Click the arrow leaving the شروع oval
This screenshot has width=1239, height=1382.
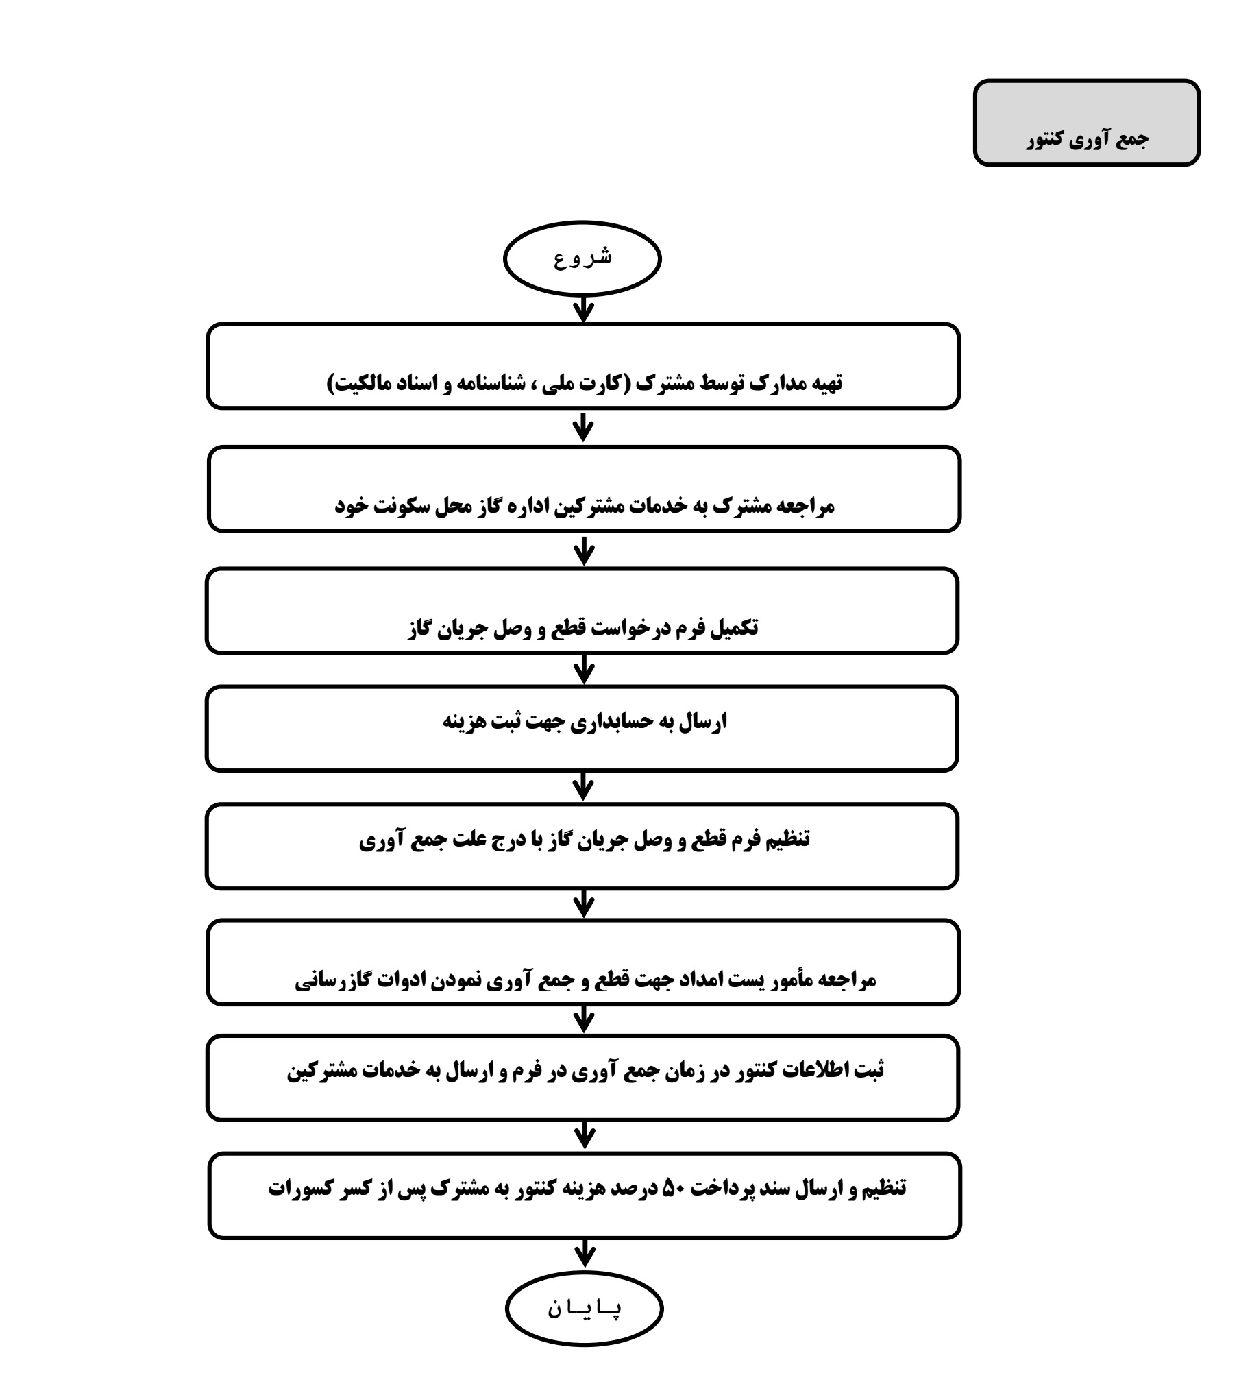tap(583, 310)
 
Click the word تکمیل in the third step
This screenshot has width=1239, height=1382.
tap(733, 628)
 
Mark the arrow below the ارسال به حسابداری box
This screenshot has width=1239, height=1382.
tap(584, 785)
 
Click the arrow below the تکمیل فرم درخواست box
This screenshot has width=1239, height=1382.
tap(584, 667)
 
